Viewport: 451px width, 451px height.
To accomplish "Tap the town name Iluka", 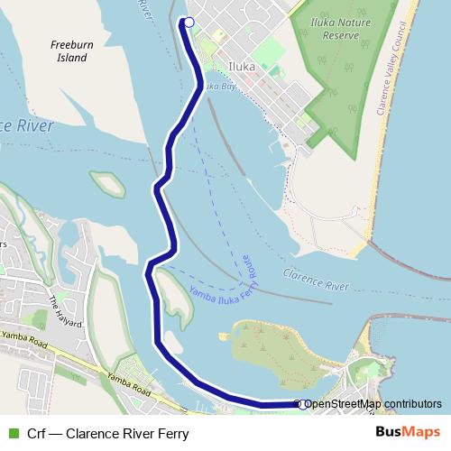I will [243, 67].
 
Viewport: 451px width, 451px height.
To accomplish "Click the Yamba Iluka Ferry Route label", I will [222, 280].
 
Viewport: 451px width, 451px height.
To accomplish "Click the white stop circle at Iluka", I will [189, 23].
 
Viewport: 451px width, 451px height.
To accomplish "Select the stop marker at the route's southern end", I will [305, 404].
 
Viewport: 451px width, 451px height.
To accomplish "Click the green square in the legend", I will [13, 433].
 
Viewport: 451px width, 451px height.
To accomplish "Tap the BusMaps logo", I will [408, 432].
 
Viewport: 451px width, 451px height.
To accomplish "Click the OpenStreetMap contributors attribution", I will [373, 404].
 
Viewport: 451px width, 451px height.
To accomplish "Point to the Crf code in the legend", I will [37, 433].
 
